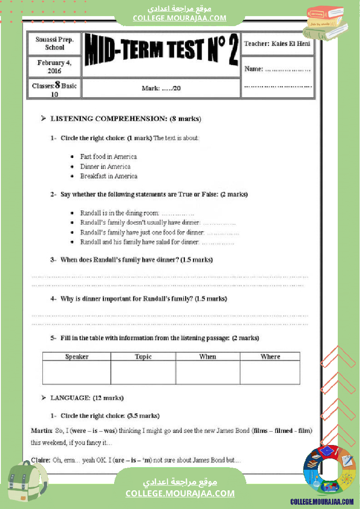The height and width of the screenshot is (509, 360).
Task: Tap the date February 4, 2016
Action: pos(54,67)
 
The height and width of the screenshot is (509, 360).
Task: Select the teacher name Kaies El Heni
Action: pos(277,44)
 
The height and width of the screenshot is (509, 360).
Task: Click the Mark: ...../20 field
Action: pos(161,88)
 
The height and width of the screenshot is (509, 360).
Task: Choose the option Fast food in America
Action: pos(109,157)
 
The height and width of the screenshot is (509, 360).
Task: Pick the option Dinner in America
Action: pos(105,166)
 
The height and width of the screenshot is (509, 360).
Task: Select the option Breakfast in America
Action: pos(109,176)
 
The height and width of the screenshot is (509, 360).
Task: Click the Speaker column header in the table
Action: pos(77,357)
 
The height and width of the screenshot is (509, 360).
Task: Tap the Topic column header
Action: pos(143,357)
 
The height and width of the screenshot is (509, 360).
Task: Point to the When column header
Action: pos(207,357)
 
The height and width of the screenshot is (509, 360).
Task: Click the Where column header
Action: pos(270,357)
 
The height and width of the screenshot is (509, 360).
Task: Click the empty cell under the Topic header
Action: pos(143,372)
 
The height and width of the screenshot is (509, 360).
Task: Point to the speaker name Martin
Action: pos(41,431)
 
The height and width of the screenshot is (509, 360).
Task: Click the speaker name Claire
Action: pos(41,460)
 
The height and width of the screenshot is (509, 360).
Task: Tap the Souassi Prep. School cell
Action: pos(54,44)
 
